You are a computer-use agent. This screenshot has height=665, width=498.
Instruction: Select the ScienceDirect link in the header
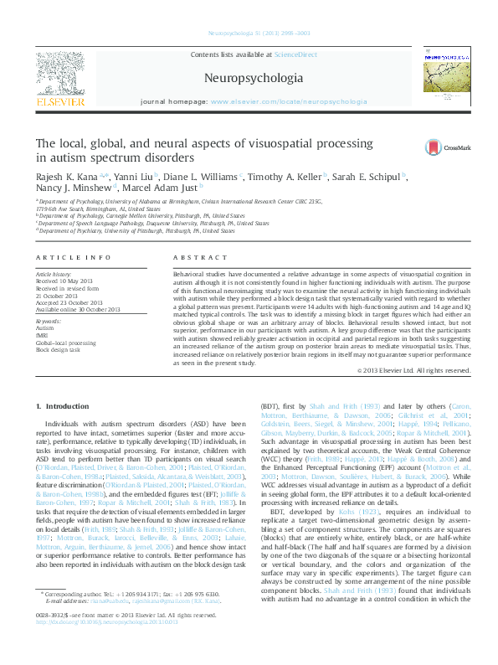tap(296, 54)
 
